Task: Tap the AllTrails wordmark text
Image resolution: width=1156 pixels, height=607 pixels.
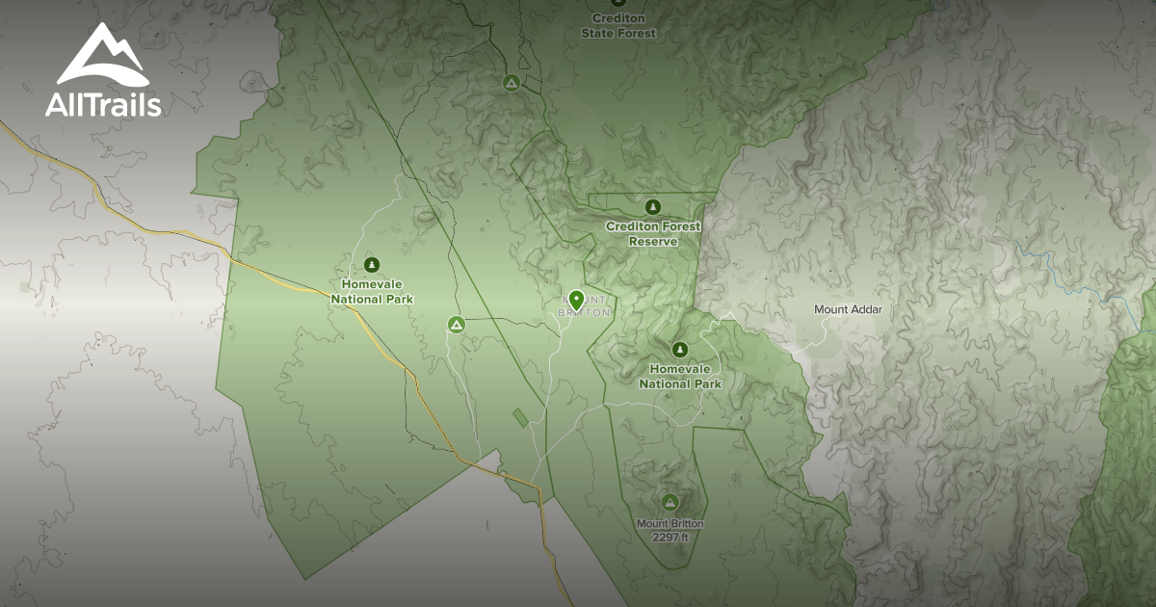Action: (103, 104)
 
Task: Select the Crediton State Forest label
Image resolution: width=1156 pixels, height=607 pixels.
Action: (618, 26)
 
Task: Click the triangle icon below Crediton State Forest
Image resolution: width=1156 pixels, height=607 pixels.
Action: (512, 83)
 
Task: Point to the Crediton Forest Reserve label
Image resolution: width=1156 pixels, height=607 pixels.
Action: (653, 234)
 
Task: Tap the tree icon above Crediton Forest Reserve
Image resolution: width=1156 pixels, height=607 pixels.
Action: (653, 206)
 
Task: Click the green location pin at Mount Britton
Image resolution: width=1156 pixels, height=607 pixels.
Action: (576, 300)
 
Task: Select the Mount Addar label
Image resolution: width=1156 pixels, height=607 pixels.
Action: (848, 309)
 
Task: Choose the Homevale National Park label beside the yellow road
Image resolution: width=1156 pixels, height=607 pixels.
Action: (372, 292)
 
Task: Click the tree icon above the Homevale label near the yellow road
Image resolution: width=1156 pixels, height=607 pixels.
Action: (372, 265)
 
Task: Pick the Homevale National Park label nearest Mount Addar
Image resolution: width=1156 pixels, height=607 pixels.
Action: (680, 377)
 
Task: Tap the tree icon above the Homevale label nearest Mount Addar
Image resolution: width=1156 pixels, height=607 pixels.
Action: (680, 349)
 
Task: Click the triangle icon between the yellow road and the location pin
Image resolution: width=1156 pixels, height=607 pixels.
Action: (456, 325)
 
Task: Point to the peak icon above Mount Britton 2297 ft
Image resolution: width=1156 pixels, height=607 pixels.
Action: (670, 501)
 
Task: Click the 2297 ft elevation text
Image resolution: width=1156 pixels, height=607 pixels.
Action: (670, 537)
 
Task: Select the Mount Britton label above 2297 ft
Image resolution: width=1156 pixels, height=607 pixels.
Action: (670, 524)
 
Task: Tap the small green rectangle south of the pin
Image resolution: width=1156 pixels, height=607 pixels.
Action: (520, 417)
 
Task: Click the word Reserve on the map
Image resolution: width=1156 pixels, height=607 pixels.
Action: (653, 242)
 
